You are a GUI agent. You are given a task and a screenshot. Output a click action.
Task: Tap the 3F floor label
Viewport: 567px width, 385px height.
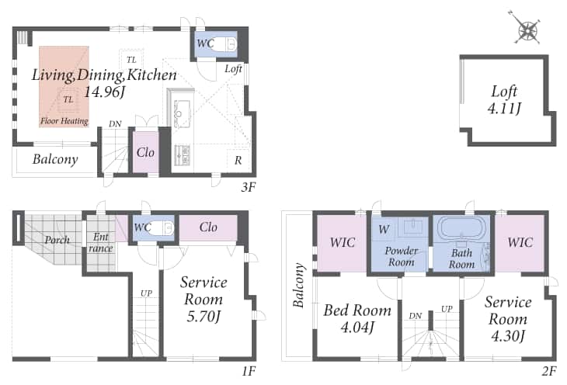tap(249, 187)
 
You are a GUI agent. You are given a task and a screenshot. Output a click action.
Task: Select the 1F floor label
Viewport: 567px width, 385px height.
tap(249, 371)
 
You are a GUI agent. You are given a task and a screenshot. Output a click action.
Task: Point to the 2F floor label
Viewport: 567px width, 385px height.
tap(549, 371)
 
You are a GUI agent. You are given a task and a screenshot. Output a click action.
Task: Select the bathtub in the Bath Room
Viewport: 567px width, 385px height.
tap(461, 227)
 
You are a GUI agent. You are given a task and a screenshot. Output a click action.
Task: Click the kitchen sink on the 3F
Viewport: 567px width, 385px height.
tap(182, 110)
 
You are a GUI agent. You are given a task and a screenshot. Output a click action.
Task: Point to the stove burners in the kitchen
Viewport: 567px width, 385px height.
tap(183, 154)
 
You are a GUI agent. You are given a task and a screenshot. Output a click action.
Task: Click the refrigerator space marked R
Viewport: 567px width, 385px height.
tap(238, 160)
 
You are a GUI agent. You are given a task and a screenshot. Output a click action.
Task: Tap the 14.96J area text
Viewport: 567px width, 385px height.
tap(105, 92)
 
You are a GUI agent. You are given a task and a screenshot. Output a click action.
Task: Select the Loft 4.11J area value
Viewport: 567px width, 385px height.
tap(504, 108)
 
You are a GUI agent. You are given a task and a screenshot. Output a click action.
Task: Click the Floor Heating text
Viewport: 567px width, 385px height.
tap(64, 121)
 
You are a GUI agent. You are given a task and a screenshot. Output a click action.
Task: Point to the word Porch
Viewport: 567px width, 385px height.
tap(57, 240)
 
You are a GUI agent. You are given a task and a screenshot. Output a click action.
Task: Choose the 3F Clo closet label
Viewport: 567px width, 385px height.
tap(145, 152)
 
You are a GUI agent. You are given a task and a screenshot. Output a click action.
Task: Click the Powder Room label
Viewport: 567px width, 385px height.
tap(401, 256)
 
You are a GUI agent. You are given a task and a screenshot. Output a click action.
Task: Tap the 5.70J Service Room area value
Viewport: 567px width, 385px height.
tap(203, 317)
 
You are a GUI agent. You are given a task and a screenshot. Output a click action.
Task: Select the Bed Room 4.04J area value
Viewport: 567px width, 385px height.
tap(357, 328)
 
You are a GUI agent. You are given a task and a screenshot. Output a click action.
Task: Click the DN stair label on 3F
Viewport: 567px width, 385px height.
tap(115, 124)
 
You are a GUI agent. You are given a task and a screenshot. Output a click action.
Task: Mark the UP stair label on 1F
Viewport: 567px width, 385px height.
tap(146, 293)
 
